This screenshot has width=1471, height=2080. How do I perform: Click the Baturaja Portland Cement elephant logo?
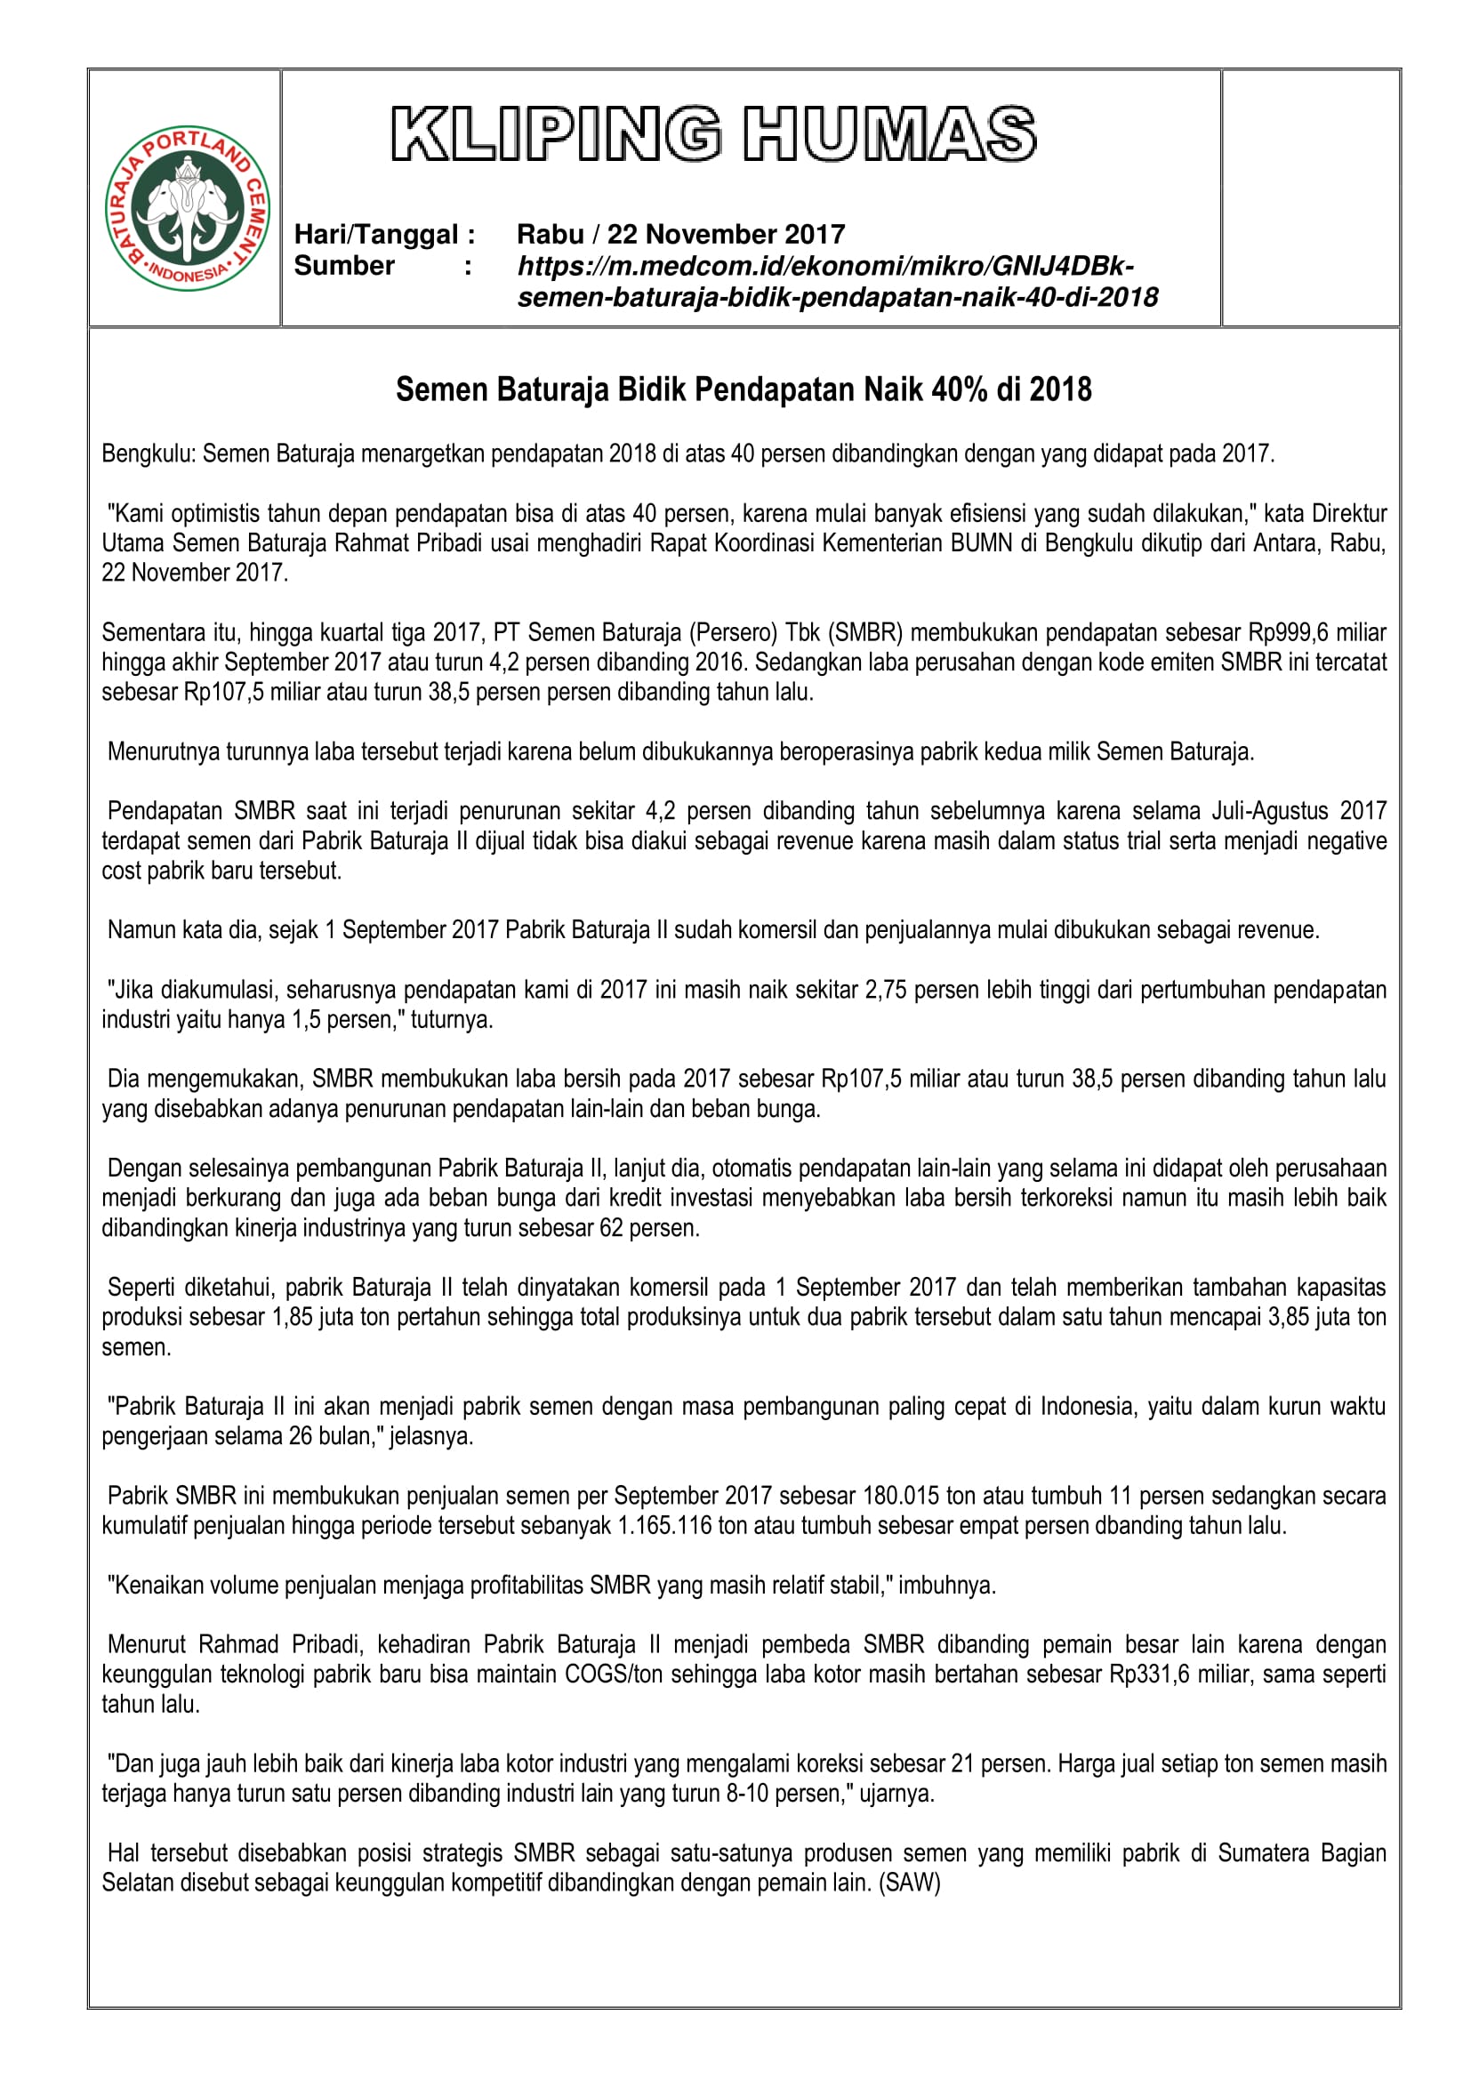tap(188, 208)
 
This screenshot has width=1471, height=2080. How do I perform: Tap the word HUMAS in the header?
tap(888, 134)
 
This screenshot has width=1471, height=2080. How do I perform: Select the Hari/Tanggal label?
tap(384, 235)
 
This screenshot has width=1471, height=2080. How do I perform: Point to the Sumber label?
tap(344, 265)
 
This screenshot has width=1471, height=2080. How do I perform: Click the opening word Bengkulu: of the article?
tap(149, 453)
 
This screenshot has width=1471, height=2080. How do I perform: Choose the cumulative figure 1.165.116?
tap(665, 1526)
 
